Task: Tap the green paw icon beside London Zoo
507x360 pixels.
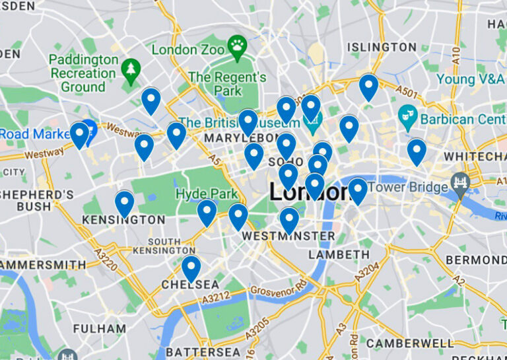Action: coord(236,45)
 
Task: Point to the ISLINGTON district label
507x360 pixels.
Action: coord(382,48)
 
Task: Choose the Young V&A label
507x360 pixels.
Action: coord(470,79)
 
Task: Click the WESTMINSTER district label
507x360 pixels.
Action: coord(288,236)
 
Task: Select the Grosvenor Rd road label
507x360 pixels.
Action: coord(278,289)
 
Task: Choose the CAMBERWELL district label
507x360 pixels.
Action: coord(410,343)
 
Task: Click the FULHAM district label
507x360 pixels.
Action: coord(100,328)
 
